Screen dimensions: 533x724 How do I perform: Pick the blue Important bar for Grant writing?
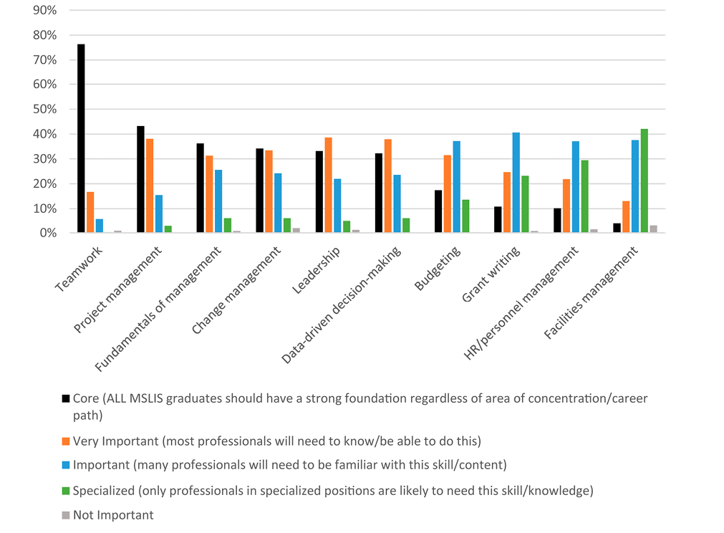516,183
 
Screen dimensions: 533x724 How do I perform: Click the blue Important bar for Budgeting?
456,187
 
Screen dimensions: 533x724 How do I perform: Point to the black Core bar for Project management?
140,180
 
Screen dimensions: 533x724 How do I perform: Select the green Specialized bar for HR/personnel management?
584,197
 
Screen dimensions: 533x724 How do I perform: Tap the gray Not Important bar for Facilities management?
653,229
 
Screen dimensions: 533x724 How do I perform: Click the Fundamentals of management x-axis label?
160,309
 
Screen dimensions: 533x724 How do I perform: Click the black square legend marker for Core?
66,398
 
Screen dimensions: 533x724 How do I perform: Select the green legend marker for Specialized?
66,491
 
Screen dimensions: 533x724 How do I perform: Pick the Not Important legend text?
113,514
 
